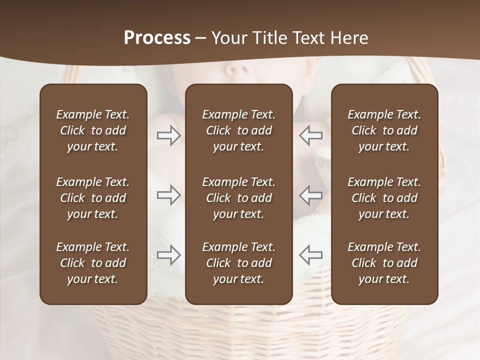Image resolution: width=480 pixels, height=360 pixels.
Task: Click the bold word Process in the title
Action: (x=157, y=38)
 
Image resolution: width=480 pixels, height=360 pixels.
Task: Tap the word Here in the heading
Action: (x=348, y=38)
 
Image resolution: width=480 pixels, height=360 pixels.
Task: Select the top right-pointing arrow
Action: (x=168, y=135)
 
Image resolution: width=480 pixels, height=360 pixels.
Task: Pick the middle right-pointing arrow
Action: (x=168, y=195)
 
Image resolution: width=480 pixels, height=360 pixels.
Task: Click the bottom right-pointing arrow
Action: (x=168, y=255)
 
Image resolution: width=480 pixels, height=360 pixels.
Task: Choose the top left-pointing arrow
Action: (x=311, y=135)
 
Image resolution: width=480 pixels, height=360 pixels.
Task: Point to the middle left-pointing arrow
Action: (x=311, y=195)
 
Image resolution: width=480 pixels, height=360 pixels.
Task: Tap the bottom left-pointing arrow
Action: (x=311, y=255)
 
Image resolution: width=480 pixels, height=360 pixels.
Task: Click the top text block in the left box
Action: (x=93, y=130)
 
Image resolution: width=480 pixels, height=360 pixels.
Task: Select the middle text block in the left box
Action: (x=93, y=198)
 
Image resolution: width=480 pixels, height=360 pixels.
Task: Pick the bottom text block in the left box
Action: (x=93, y=263)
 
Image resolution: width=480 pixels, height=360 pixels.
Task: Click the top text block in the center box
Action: (x=238, y=130)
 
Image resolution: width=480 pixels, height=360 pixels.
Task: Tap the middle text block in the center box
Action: (x=238, y=198)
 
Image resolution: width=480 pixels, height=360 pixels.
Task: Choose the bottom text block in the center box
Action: (x=238, y=263)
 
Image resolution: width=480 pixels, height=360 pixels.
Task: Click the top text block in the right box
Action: (x=384, y=130)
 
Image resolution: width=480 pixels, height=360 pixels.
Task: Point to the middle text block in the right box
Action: (x=384, y=198)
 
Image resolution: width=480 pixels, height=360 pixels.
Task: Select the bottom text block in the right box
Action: (x=384, y=263)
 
